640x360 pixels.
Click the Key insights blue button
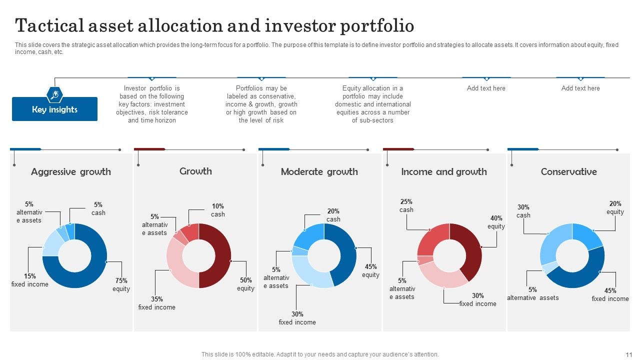tap(54, 109)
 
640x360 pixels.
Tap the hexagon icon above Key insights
tap(54, 94)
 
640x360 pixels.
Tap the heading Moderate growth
tap(319, 171)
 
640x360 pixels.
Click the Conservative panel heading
tap(568, 171)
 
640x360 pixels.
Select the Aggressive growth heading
tap(71, 171)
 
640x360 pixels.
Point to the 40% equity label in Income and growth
tap(496, 222)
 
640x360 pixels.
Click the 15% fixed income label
tap(30, 280)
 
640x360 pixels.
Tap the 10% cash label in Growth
tap(217, 210)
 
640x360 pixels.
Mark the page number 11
tap(629, 354)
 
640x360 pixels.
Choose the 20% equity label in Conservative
tap(615, 207)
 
